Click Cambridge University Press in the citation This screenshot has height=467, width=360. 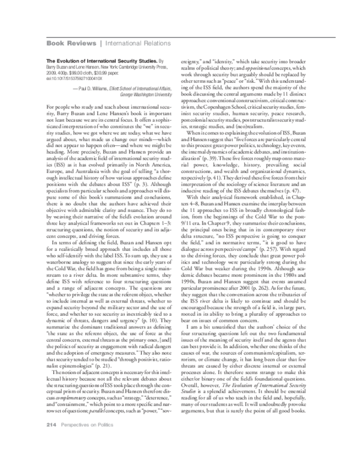(145, 67)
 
